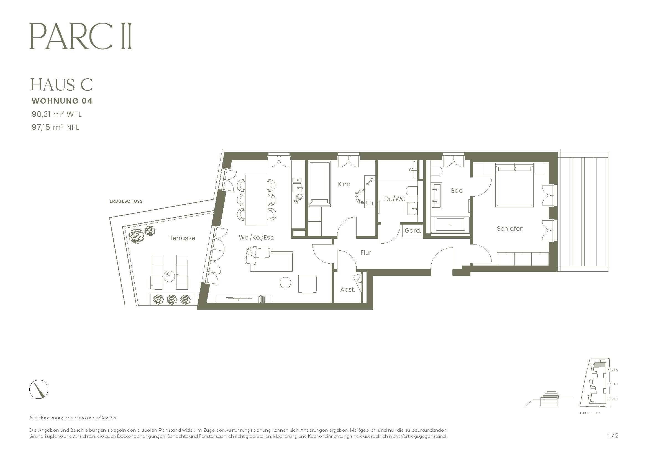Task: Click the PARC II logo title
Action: (x=80, y=37)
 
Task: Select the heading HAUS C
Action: (x=62, y=85)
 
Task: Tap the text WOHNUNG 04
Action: (x=62, y=101)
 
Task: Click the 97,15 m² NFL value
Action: (x=55, y=127)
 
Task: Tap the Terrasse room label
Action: (x=182, y=238)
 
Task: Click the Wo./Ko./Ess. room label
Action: (x=256, y=238)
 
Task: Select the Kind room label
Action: (x=344, y=184)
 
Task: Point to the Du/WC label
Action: (x=395, y=199)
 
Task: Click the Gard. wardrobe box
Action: (x=413, y=231)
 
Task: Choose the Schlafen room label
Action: (x=510, y=228)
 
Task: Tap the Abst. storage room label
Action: (x=347, y=290)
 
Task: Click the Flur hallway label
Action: (x=366, y=253)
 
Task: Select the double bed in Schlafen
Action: (x=515, y=186)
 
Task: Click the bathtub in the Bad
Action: (x=450, y=225)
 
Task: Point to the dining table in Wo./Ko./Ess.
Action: (x=256, y=200)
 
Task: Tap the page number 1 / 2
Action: (x=613, y=436)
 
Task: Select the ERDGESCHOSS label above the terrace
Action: (x=126, y=201)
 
